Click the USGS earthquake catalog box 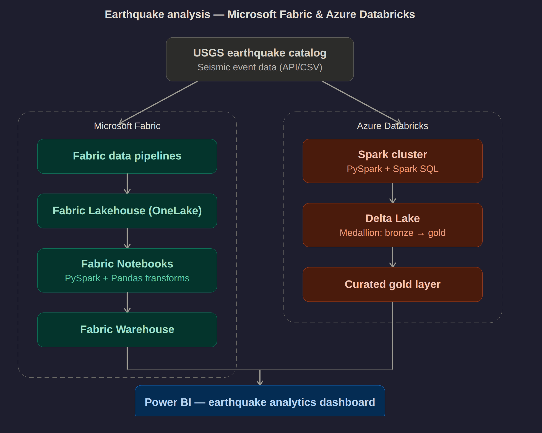click(260, 59)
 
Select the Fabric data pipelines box click(127, 156)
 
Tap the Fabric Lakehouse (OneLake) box click(127, 211)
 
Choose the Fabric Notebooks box click(127, 270)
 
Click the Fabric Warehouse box click(127, 330)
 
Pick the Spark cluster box click(393, 161)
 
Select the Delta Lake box click(393, 225)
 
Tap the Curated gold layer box click(393, 284)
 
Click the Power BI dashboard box click(260, 401)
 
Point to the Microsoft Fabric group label click(127, 126)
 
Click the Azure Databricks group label click(393, 126)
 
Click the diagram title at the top click(260, 14)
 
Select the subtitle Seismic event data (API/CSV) click(260, 67)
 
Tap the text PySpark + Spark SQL click(393, 169)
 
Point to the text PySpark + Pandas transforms click(127, 278)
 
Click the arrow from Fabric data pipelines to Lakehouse click(127, 184)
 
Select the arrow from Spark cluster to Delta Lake click(393, 193)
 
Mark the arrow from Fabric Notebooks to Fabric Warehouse click(127, 302)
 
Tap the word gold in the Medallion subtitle click(437, 233)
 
